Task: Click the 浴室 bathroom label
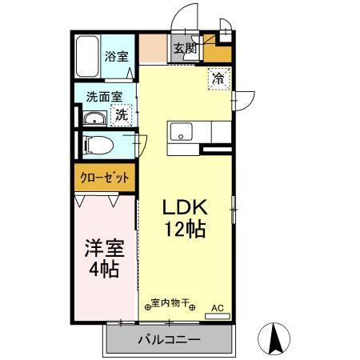[x=117, y=56]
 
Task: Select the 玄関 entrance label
[x=186, y=49]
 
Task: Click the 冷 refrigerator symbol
[x=218, y=78]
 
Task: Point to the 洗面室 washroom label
[x=105, y=97]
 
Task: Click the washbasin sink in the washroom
[x=94, y=121]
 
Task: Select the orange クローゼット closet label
[x=104, y=178]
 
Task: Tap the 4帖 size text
[x=104, y=270]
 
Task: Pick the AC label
[x=217, y=306]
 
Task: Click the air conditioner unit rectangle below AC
[x=217, y=316]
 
